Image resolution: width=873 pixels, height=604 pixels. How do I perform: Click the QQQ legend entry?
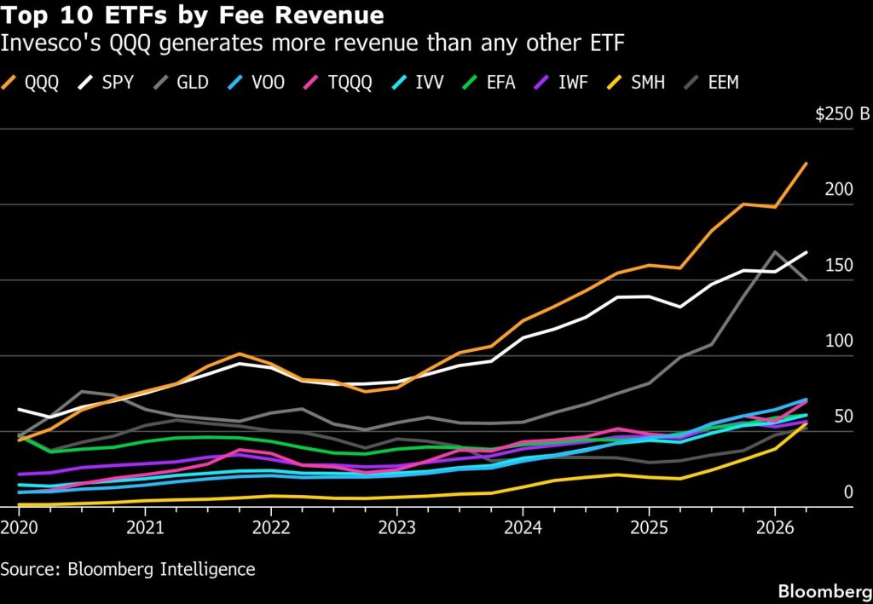(x=30, y=83)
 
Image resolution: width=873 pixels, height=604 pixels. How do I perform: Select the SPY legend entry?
(x=106, y=83)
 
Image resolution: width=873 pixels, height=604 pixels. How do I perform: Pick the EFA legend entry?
(x=489, y=83)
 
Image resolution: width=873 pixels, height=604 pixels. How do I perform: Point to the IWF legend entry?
(x=561, y=83)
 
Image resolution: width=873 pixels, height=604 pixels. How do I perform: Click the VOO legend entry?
(x=256, y=83)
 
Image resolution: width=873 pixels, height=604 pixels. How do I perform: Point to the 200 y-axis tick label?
(x=839, y=190)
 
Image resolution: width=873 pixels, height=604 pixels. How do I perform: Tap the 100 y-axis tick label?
(x=839, y=341)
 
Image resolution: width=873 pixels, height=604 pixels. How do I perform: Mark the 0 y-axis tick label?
(x=848, y=492)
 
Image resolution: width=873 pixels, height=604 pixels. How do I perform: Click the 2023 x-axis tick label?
(x=397, y=527)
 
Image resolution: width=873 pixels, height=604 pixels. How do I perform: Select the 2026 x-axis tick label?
(x=774, y=527)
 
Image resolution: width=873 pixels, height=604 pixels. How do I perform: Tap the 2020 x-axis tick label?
(x=19, y=527)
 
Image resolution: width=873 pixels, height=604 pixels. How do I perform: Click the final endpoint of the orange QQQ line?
(x=807, y=164)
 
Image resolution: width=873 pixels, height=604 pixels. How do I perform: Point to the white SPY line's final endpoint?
(x=807, y=252)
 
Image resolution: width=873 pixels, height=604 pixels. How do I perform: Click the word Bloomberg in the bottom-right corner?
(x=825, y=591)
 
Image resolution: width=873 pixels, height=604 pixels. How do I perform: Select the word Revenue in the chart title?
(x=329, y=15)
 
